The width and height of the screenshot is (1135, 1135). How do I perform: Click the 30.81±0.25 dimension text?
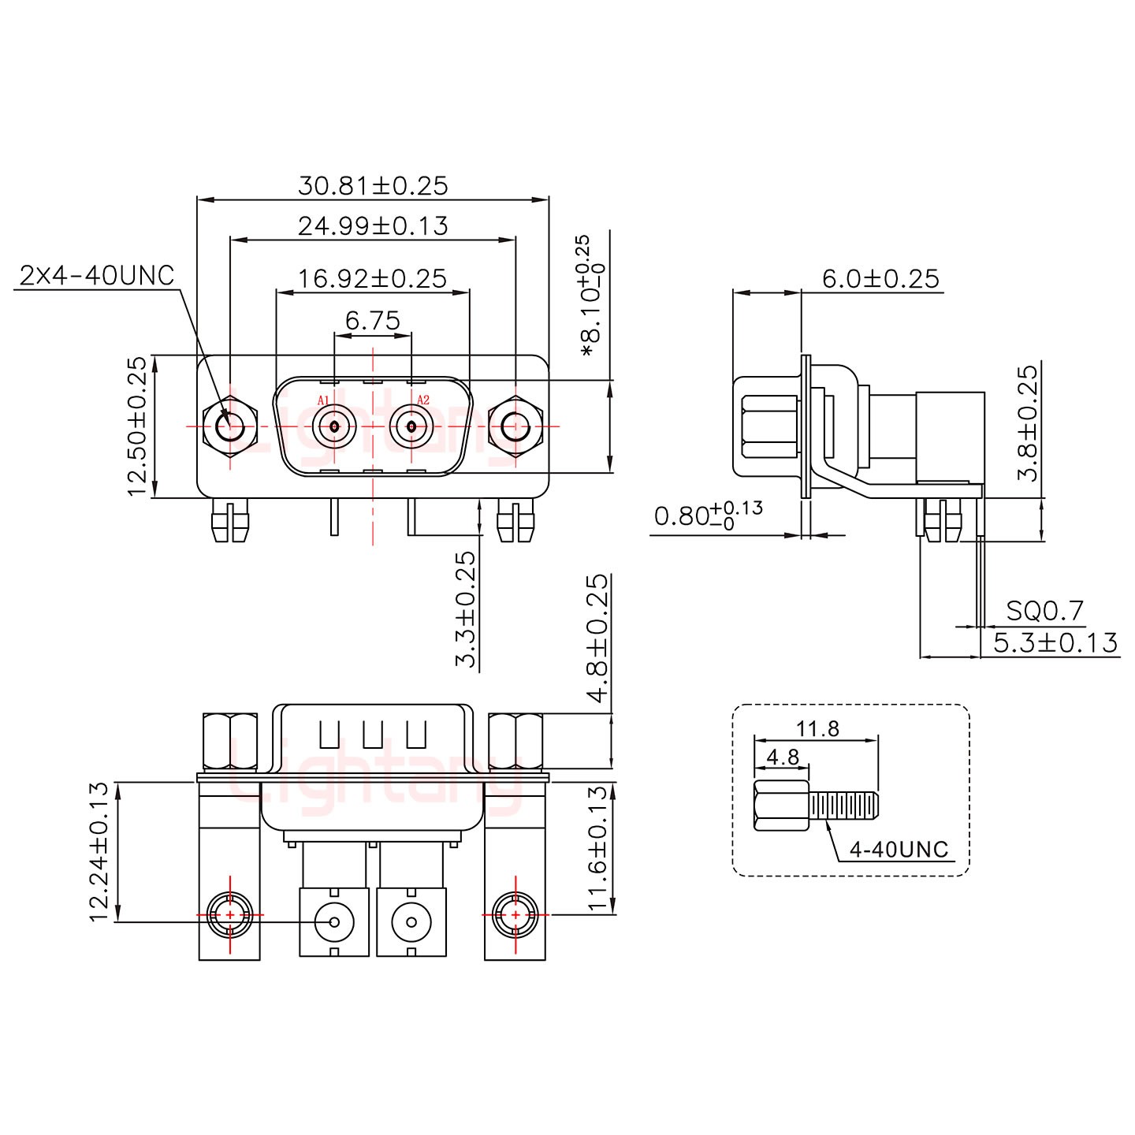point(373,186)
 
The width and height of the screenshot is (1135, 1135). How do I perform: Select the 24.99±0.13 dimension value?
point(373,226)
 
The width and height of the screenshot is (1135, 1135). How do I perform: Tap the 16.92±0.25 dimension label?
point(373,278)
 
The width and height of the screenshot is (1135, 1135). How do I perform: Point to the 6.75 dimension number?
point(373,321)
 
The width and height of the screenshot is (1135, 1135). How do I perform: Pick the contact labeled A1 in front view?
point(334,427)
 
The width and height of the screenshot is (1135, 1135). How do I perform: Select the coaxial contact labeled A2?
point(411,427)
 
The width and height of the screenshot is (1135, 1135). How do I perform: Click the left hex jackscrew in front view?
point(230,427)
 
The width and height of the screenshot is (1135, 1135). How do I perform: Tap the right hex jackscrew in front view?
point(515,427)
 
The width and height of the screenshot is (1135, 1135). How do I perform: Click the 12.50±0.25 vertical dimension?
point(138,426)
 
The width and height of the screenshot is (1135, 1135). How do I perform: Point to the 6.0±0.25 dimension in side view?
point(880,278)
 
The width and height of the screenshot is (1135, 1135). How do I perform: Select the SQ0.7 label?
point(1045,611)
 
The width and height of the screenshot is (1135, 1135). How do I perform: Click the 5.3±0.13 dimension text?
point(1055,642)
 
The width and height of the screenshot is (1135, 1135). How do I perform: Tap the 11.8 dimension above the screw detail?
point(818,728)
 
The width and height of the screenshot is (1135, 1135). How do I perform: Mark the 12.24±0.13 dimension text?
point(99,851)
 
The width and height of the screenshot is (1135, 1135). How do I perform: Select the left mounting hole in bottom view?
point(229,915)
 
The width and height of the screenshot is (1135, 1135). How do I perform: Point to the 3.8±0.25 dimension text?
point(1028,423)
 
